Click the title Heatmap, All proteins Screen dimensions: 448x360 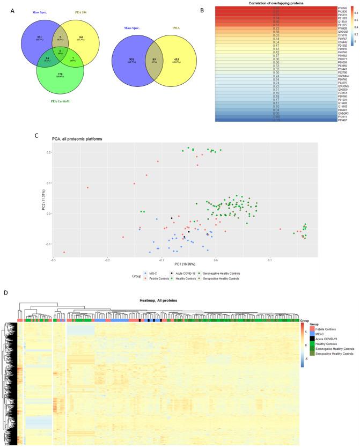click(x=159, y=300)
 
